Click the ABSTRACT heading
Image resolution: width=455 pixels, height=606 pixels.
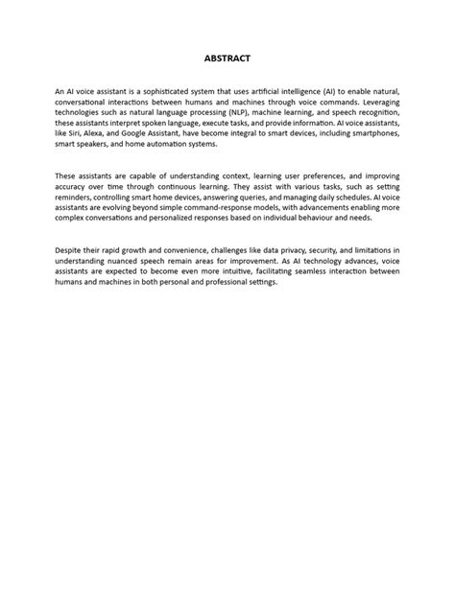pyautogui.click(x=227, y=58)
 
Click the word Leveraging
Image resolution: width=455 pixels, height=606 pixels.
pyautogui.click(x=378, y=101)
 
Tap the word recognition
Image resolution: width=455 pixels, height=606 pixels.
pyautogui.click(x=375, y=111)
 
